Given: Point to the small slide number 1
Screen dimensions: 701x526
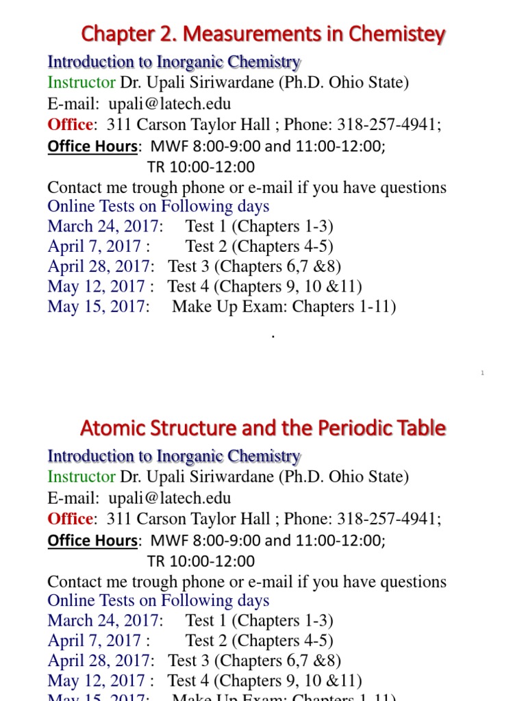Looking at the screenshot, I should tap(482, 373).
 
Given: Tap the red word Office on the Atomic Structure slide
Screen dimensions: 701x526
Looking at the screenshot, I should tap(70, 519).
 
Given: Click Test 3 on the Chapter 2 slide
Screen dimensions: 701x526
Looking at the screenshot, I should tap(189, 266).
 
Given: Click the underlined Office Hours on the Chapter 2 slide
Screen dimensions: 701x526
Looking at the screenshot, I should tap(92, 146).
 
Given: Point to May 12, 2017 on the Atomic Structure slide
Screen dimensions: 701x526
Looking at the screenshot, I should tap(97, 680).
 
